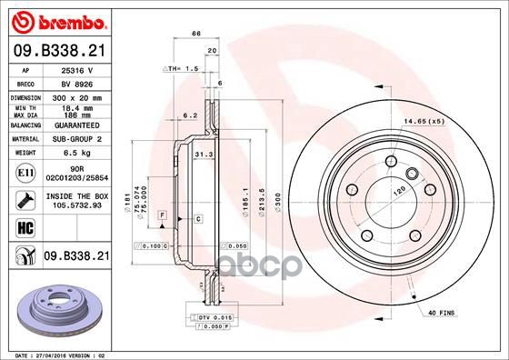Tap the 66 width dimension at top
tap(195, 33)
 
